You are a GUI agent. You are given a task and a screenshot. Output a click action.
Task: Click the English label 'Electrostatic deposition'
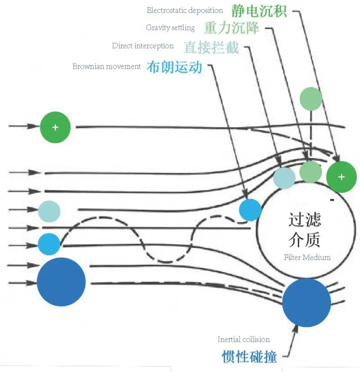pyautogui.click(x=185, y=11)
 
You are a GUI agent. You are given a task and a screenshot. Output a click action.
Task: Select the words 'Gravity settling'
pyautogui.click(x=170, y=28)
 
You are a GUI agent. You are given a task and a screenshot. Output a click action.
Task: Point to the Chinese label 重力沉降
pyautogui.click(x=231, y=28)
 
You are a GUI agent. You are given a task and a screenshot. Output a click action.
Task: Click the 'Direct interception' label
pyautogui.click(x=143, y=46)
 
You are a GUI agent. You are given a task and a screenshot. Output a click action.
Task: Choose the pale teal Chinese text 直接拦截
pyautogui.click(x=211, y=47)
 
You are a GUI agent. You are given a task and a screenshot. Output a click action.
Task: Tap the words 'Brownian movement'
pyautogui.click(x=106, y=66)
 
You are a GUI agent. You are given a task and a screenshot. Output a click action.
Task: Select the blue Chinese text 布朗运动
pyautogui.click(x=174, y=67)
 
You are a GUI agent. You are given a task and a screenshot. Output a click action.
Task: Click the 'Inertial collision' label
pyautogui.click(x=243, y=340)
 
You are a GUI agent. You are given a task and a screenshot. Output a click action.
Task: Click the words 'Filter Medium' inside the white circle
pyautogui.click(x=307, y=258)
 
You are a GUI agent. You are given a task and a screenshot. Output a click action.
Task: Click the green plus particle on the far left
pyautogui.click(x=55, y=128)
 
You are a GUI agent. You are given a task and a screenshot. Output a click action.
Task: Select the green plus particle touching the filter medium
pyautogui.click(x=341, y=177)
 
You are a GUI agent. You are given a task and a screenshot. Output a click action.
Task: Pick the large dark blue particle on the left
pyautogui.click(x=61, y=282)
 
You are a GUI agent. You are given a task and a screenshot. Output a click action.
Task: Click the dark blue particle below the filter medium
pyautogui.click(x=306, y=302)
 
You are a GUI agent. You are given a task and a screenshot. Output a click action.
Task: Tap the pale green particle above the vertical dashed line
pyautogui.click(x=311, y=98)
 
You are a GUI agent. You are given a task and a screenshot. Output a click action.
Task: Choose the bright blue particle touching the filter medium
pyautogui.click(x=250, y=210)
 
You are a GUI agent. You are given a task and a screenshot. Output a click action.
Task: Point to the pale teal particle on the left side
pyautogui.click(x=49, y=211)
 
